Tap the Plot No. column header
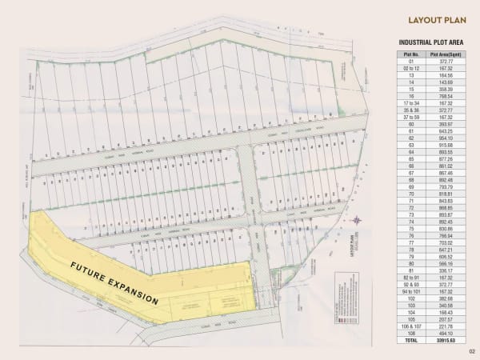[x=412, y=54]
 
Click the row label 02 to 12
[x=412, y=68]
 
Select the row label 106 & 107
[x=412, y=326]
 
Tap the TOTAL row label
[x=412, y=340]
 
